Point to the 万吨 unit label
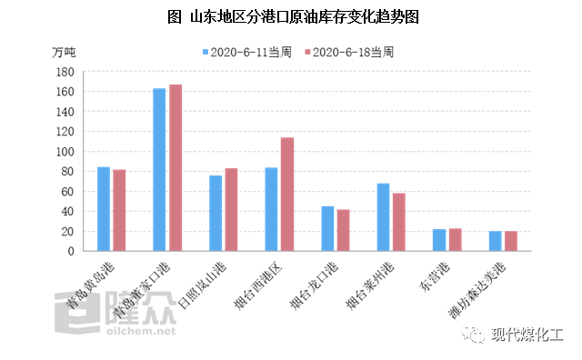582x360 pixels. tap(64, 52)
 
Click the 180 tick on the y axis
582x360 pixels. tap(65, 72)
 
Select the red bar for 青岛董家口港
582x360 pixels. tap(176, 167)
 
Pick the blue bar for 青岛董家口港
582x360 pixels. tap(159, 169)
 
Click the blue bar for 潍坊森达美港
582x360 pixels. tap(496, 241)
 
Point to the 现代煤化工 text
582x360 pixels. tap(527, 335)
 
